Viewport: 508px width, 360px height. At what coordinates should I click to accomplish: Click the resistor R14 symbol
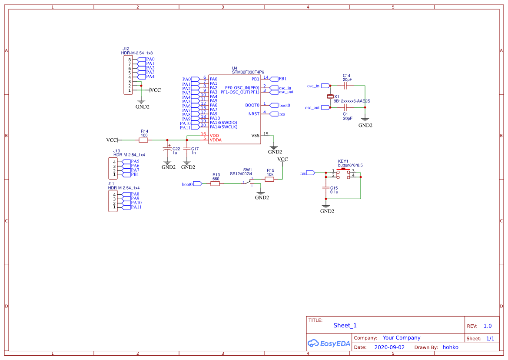tap(143, 140)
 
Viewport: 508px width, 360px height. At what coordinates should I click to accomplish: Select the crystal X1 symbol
tap(330, 96)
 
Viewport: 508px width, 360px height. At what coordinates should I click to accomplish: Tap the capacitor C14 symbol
tap(346, 86)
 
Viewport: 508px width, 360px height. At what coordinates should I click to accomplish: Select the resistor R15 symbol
tap(270, 179)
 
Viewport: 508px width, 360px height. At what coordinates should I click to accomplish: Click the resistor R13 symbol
tap(215, 184)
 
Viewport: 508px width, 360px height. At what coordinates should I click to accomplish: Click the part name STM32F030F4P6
tap(248, 72)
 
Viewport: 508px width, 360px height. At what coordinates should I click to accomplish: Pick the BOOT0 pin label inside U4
tap(252, 105)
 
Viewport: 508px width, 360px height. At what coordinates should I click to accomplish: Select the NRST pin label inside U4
tap(254, 114)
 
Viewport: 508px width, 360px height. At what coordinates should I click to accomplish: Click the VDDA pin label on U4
tap(216, 140)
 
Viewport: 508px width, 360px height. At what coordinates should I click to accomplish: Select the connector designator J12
tap(126, 49)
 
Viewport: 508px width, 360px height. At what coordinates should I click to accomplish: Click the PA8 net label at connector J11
tap(135, 194)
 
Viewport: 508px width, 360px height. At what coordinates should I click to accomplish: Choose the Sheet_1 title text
tap(345, 325)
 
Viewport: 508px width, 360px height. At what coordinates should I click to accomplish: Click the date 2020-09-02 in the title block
tap(389, 347)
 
